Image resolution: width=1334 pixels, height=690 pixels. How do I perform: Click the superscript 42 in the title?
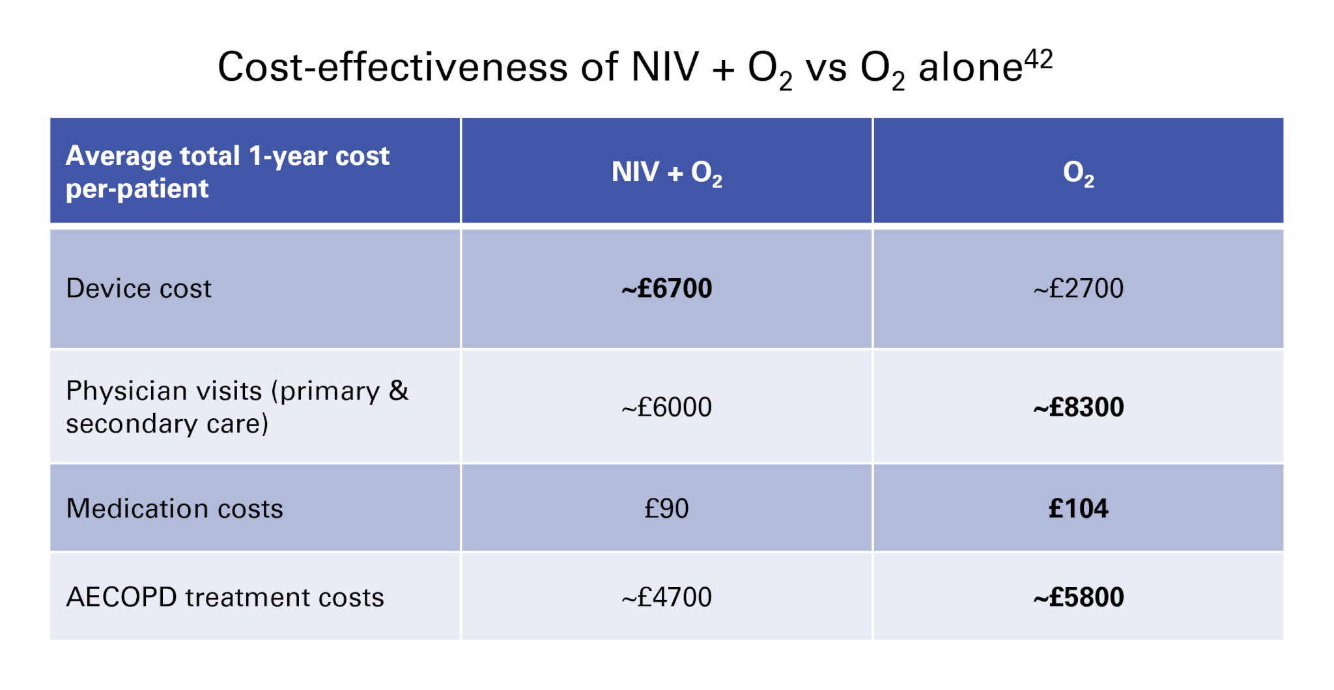(x=1038, y=60)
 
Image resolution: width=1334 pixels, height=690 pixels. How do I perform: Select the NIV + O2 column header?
(x=666, y=173)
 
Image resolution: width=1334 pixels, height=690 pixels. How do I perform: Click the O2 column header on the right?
(x=1078, y=173)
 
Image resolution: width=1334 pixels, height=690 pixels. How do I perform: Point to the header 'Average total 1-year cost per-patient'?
(x=227, y=172)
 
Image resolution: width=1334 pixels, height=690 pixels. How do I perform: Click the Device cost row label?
(x=139, y=289)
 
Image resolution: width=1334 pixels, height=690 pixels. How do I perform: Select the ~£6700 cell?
(x=666, y=289)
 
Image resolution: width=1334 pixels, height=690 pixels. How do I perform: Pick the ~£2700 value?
(x=1078, y=289)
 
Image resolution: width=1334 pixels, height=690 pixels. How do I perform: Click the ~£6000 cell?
(x=666, y=407)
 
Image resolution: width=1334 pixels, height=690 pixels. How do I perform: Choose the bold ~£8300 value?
(x=1078, y=407)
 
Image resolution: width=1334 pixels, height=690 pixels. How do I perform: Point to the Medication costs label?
(x=175, y=509)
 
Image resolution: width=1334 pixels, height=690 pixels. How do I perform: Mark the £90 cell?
(x=666, y=509)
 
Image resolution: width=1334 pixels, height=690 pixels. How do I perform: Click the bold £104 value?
(x=1078, y=509)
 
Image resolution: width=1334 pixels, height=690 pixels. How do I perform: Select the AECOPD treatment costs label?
(x=225, y=597)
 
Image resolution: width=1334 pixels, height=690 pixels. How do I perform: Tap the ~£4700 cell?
(x=666, y=597)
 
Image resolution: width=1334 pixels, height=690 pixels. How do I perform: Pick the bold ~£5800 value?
(x=1078, y=597)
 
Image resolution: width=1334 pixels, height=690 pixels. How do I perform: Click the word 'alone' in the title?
(x=970, y=68)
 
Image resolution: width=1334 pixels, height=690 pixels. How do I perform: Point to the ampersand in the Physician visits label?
(x=399, y=390)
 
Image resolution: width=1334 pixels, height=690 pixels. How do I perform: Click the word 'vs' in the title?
(x=826, y=68)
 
